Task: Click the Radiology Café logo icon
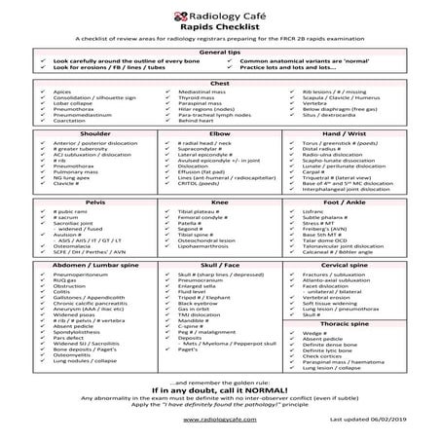point(165,16)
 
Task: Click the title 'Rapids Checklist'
point(220,30)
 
